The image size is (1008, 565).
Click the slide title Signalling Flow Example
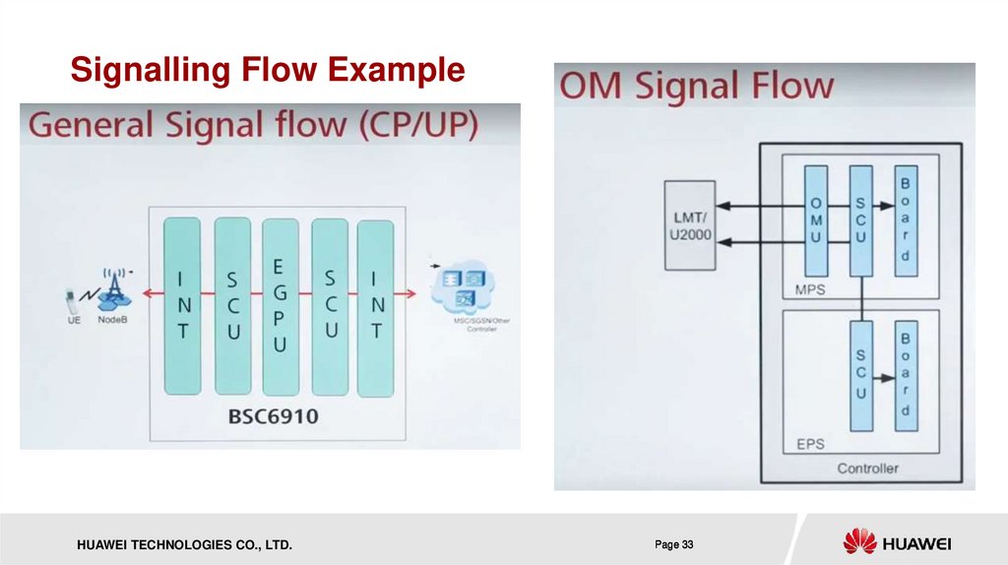click(x=267, y=71)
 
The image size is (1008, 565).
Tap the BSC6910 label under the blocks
click(x=273, y=416)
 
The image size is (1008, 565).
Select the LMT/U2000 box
click(x=689, y=224)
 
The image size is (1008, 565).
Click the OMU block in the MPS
click(x=816, y=220)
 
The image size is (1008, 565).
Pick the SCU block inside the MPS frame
click(x=859, y=220)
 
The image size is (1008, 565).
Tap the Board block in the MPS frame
click(x=905, y=220)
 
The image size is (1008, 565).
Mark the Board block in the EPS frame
click(x=905, y=374)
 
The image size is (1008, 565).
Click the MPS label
click(x=809, y=290)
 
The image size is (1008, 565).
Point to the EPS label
click(x=809, y=444)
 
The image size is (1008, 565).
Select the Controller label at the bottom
click(x=867, y=469)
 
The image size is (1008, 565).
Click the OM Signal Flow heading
click(x=696, y=87)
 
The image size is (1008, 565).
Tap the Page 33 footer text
click(x=674, y=544)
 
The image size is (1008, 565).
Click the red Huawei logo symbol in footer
click(x=858, y=541)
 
